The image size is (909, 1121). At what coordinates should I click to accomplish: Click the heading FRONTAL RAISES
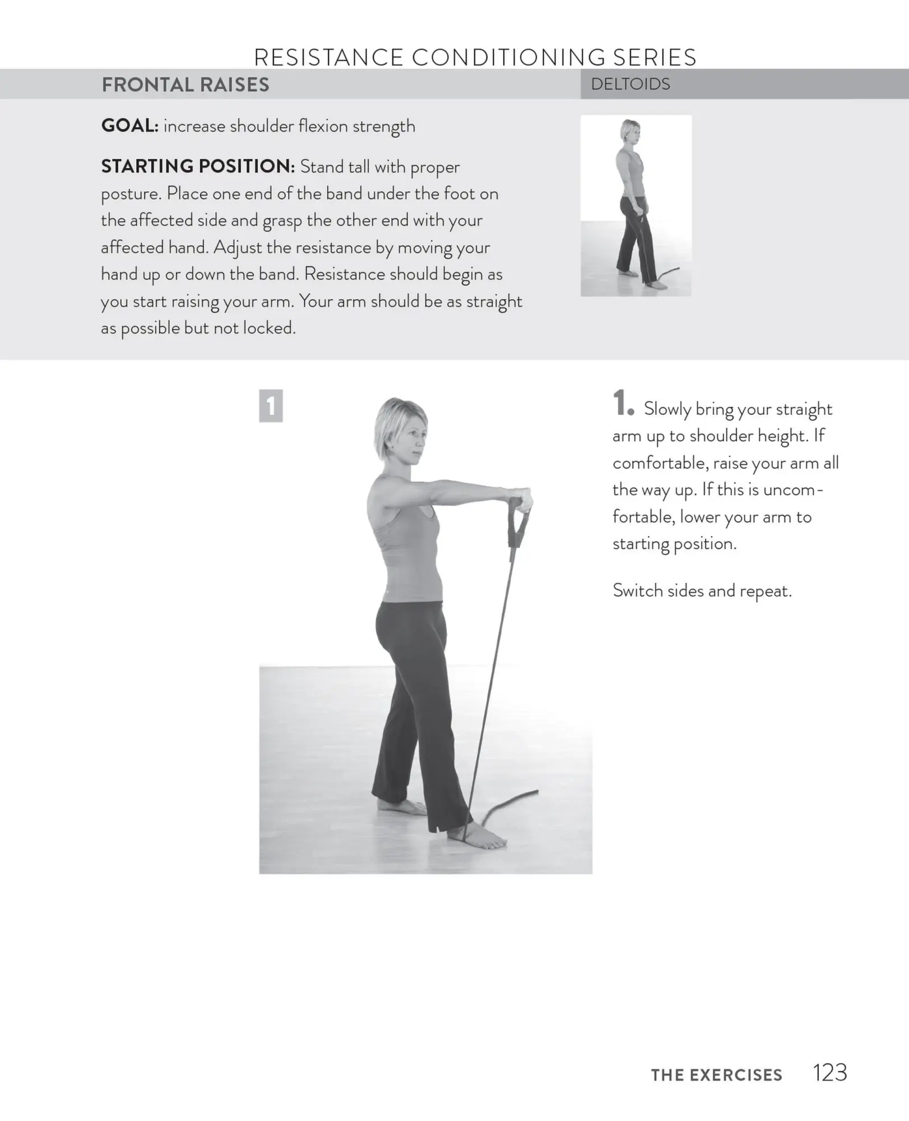[x=185, y=85]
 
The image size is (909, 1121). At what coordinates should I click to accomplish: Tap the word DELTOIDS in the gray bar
[x=630, y=84]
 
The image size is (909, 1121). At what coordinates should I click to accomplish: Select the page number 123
[x=829, y=1072]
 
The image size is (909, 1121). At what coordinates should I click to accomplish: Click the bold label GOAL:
[x=129, y=126]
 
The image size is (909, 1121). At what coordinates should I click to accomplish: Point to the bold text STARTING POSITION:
[x=197, y=166]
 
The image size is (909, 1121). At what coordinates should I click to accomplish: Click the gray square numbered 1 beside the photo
[x=271, y=405]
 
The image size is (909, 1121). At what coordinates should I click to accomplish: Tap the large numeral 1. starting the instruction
[x=622, y=404]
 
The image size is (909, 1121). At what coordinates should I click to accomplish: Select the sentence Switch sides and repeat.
[x=702, y=590]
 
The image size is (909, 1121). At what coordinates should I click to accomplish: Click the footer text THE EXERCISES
[x=716, y=1074]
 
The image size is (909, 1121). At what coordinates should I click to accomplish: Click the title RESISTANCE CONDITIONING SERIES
[x=475, y=57]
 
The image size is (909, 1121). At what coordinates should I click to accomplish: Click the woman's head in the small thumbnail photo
[x=630, y=132]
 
